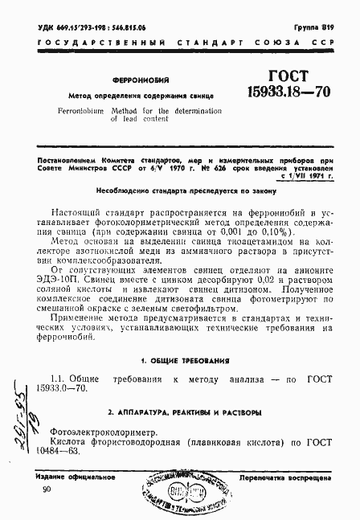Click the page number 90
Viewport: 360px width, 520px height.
coord(46,489)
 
